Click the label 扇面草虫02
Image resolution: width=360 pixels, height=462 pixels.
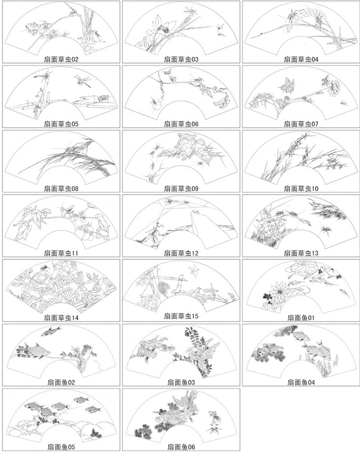click(x=61, y=60)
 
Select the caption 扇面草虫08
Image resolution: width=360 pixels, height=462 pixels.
click(x=61, y=188)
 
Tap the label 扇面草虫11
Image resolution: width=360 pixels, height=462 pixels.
click(x=61, y=253)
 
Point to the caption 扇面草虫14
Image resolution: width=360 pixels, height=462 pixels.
click(x=61, y=318)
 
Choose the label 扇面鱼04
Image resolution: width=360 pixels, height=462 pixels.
click(x=301, y=382)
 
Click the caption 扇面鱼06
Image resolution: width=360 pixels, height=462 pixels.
click(x=181, y=447)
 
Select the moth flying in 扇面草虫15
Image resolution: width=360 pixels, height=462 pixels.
click(x=194, y=270)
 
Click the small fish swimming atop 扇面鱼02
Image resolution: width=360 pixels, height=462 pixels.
click(x=51, y=330)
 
